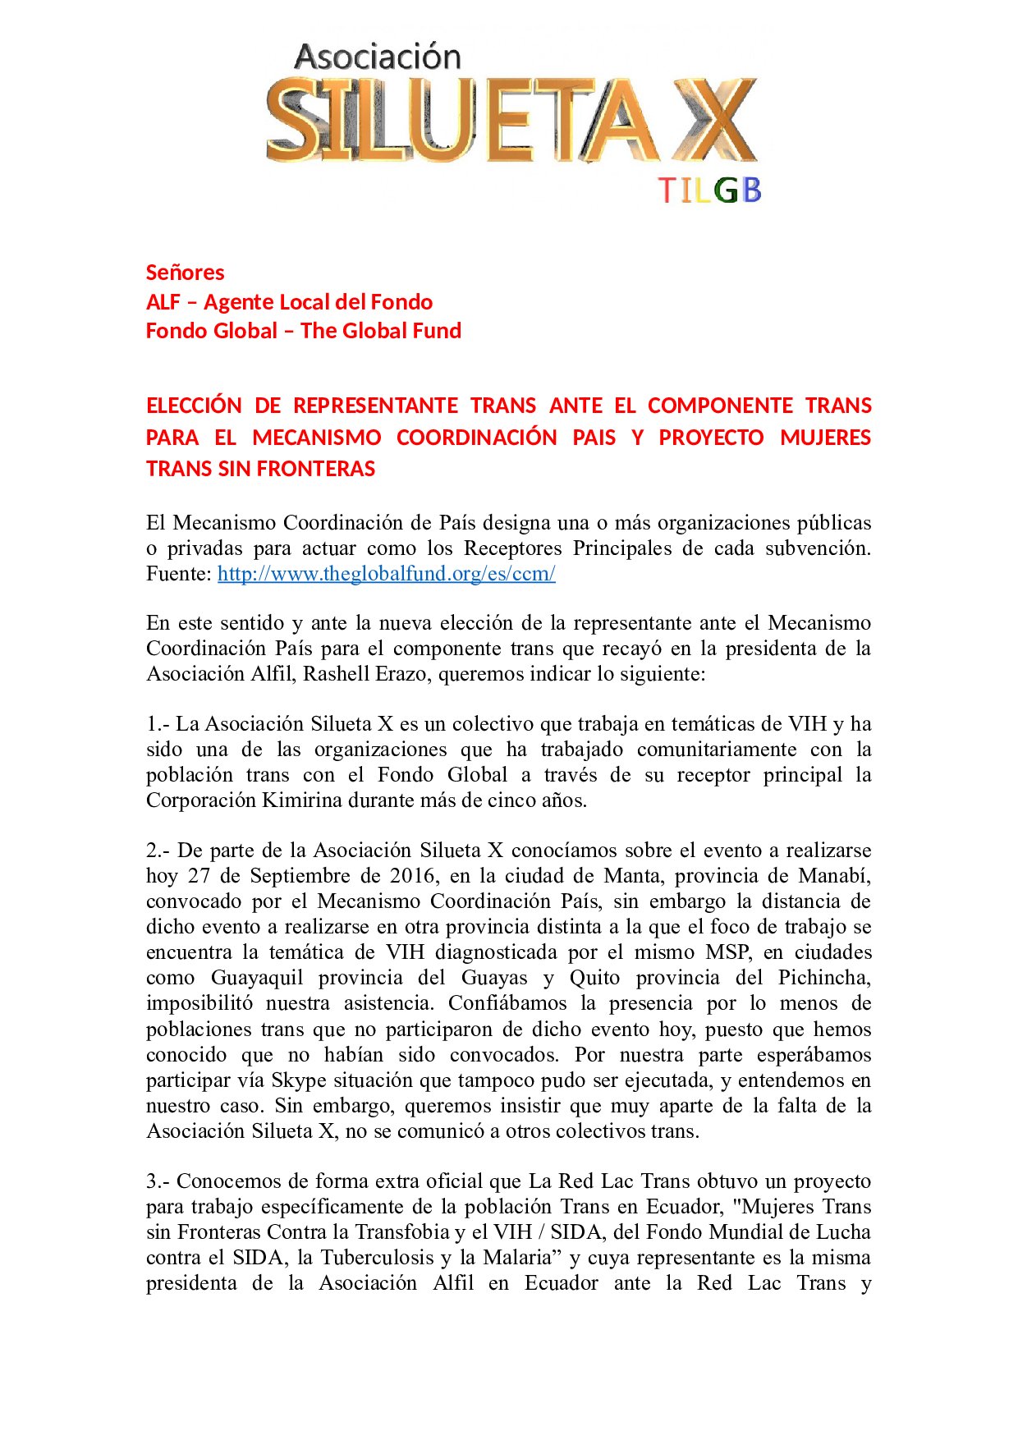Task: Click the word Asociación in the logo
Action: pos(378,57)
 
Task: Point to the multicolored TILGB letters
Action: pos(710,190)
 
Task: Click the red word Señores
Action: pos(185,273)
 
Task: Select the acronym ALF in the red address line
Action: pos(163,302)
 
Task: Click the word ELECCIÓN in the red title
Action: pos(194,406)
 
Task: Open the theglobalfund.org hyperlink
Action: pos(386,574)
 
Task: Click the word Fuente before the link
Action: pos(177,574)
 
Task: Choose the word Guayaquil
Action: pos(256,978)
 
